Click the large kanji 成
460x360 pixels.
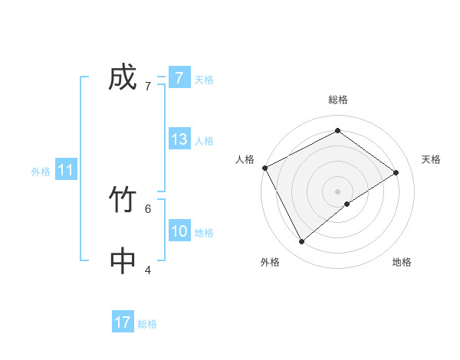point(123,78)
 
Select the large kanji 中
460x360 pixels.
point(123,261)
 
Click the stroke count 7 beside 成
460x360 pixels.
point(147,86)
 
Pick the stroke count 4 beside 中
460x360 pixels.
point(147,269)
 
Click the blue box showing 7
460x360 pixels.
point(179,78)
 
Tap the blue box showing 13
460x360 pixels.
point(179,139)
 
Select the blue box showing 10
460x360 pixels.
point(179,231)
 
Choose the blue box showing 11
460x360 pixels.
point(66,171)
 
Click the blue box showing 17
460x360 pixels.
point(123,322)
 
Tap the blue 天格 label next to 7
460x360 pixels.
point(204,79)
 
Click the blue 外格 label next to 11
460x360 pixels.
point(41,172)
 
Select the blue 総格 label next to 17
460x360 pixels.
point(147,323)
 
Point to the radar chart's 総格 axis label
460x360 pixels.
point(337,100)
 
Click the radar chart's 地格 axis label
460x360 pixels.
point(402,262)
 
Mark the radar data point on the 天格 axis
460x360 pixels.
point(396,172)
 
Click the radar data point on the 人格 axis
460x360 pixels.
point(264,168)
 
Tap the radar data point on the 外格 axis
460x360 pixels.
point(301,241)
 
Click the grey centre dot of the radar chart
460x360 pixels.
point(337,191)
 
